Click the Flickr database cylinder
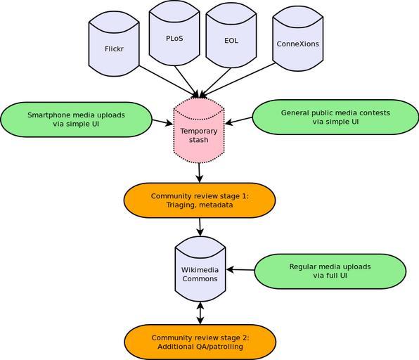pyautogui.click(x=114, y=44)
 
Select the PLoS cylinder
pyautogui.click(x=174, y=33)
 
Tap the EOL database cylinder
pyautogui.click(x=231, y=36)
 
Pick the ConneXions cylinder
pyautogui.click(x=298, y=39)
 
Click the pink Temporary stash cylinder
pyautogui.click(x=199, y=130)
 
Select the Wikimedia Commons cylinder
pyautogui.click(x=200, y=269)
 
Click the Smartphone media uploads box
pyautogui.click(x=76, y=120)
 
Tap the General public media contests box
pyautogui.click(x=335, y=117)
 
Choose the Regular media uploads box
pyautogui.click(x=330, y=271)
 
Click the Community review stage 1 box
pyautogui.click(x=200, y=200)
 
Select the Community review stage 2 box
pyautogui.click(x=200, y=342)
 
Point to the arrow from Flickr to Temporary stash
pyautogui.click(x=169, y=82)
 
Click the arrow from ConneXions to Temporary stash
pyautogui.click(x=238, y=80)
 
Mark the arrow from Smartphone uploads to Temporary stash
pyautogui.click(x=162, y=122)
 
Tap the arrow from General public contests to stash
pyautogui.click(x=238, y=120)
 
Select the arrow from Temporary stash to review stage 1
pyautogui.click(x=200, y=173)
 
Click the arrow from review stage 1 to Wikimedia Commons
pyautogui.click(x=200, y=227)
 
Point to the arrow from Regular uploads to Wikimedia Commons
pyautogui.click(x=240, y=270)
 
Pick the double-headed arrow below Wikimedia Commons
pyautogui.click(x=200, y=313)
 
